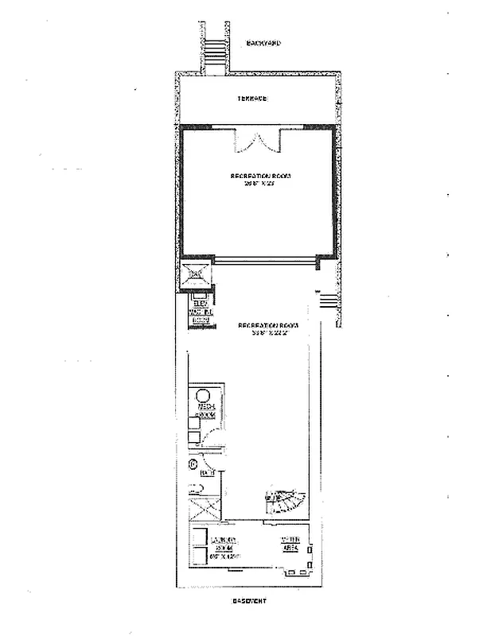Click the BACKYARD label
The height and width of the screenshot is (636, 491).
[264, 43]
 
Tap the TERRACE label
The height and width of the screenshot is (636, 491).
[251, 99]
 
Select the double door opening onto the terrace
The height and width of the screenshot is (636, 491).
[255, 144]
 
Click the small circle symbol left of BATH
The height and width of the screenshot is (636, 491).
[191, 463]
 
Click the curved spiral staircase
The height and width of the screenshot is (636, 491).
[283, 502]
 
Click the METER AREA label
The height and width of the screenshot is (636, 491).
[290, 545]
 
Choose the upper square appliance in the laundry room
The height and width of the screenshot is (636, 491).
[201, 535]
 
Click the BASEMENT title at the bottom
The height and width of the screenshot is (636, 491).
[248, 601]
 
